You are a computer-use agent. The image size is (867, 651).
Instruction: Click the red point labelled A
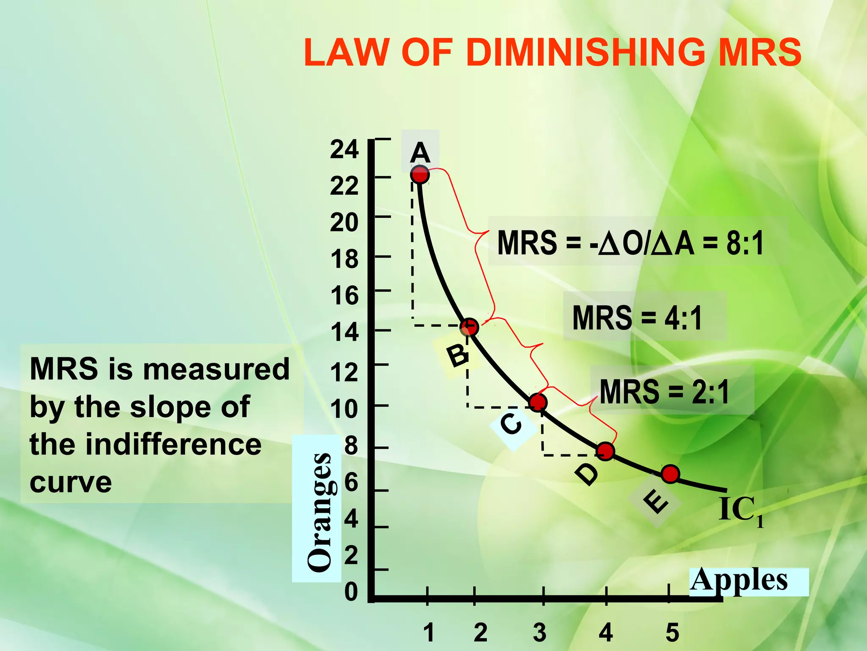420,174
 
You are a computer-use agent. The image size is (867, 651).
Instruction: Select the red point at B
469,327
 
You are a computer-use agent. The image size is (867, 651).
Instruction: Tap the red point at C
538,402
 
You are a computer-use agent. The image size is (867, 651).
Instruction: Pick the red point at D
605,451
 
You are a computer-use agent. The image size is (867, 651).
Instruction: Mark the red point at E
671,474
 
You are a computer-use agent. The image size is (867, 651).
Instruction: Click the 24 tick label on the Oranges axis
344,149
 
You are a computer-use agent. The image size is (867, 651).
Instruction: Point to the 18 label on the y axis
344,259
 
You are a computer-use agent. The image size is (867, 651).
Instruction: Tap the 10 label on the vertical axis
344,409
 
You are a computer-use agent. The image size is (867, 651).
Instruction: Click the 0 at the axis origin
351,592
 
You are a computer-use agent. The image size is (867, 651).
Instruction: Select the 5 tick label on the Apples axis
672,632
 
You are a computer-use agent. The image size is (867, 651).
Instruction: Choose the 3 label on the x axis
539,632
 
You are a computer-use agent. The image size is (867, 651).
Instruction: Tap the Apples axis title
739,581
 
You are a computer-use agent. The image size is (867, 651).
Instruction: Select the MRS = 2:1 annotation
665,392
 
